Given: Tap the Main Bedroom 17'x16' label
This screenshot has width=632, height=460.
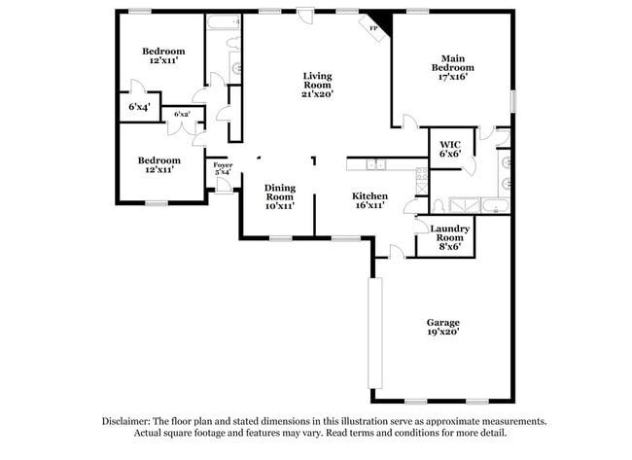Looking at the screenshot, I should click(x=452, y=67).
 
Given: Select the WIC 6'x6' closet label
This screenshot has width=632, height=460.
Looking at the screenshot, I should click(x=449, y=148).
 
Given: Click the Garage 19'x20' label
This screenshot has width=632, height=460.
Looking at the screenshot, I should click(x=442, y=327).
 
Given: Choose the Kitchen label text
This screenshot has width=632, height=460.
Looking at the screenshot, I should click(x=369, y=199).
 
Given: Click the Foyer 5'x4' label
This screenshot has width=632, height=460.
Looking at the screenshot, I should click(x=223, y=169).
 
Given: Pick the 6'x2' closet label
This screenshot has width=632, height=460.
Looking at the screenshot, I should click(x=182, y=115).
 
